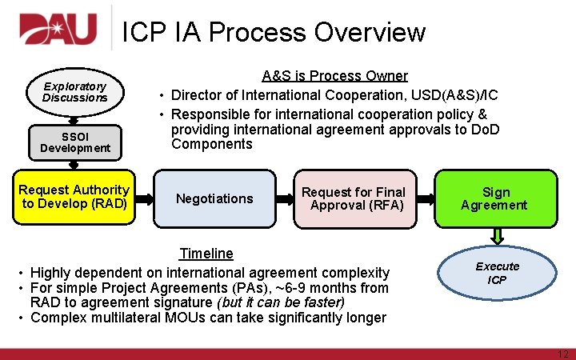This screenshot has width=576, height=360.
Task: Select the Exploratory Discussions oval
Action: coord(74,91)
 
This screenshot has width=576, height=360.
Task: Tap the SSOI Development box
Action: coord(74,142)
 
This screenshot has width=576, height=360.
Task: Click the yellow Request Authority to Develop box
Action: coord(74,196)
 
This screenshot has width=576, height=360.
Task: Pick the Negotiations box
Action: coord(214,198)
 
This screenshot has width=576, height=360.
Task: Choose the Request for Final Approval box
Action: coord(354,198)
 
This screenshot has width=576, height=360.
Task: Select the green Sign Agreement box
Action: coord(494,198)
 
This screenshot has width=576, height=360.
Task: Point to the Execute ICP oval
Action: coord(497,273)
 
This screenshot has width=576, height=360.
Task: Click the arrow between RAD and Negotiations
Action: coord(143,198)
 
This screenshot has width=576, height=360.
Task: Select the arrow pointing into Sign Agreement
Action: coord(426,198)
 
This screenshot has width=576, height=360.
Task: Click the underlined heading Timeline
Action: coord(206,254)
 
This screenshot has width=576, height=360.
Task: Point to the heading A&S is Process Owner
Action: coord(334,76)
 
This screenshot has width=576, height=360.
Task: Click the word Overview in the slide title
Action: coord(370,32)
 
